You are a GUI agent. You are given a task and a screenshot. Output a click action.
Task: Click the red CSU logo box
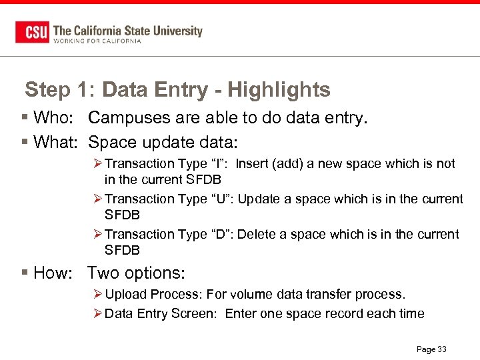[x=32, y=32]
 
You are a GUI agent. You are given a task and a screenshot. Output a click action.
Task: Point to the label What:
[x=56, y=142]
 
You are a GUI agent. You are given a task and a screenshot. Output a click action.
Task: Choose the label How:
[x=52, y=273]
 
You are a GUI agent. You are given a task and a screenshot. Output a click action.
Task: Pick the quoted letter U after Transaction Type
[x=221, y=199]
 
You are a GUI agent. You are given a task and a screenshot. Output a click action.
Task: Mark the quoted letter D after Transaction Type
[x=221, y=234]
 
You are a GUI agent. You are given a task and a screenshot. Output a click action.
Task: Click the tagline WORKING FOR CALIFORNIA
[x=97, y=41]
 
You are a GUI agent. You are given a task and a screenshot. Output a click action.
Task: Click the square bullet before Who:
[x=25, y=118]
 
